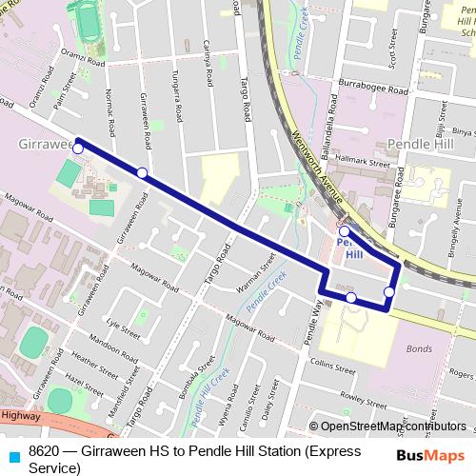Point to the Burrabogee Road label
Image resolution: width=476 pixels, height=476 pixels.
point(372,88)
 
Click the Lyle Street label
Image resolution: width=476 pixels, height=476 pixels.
point(124,328)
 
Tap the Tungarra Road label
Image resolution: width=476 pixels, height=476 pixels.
point(176,98)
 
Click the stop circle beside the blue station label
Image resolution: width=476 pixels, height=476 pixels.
point(345,230)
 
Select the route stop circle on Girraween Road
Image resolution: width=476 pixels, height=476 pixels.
point(142,172)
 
